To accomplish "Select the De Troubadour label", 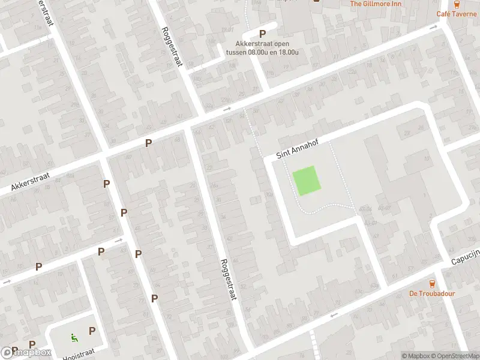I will (x=432, y=293).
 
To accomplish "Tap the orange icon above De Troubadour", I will (x=432, y=283).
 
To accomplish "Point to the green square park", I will (x=306, y=181).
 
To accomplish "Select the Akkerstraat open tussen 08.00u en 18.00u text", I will (x=262, y=47).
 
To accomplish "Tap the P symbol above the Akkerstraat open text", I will (x=262, y=34).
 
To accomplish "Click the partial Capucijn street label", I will (x=466, y=258).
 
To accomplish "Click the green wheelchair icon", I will (x=74, y=337).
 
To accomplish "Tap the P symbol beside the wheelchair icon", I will (x=92, y=331).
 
